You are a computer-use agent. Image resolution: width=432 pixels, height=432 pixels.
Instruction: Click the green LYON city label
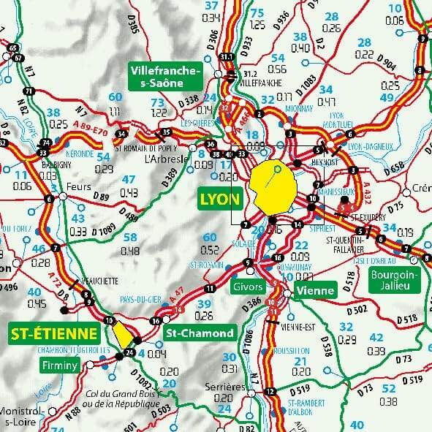[220, 199]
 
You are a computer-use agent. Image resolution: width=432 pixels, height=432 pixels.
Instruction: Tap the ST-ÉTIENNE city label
[54, 334]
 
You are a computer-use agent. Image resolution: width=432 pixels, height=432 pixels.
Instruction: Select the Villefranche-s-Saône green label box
[164, 77]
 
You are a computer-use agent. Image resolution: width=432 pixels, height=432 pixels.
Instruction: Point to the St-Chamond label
[200, 333]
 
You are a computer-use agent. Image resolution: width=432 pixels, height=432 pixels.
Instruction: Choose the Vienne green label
[315, 290]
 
